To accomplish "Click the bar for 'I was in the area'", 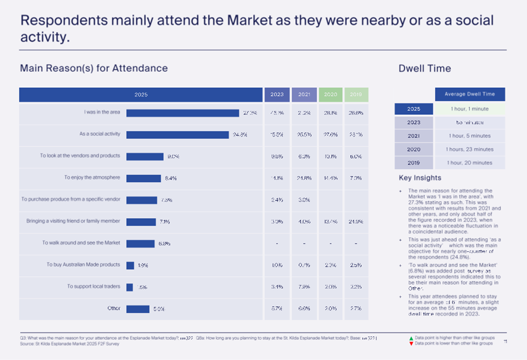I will [183, 113].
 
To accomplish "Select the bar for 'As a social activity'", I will [178, 135].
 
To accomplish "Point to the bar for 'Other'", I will [138, 309].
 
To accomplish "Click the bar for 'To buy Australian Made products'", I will [130, 265].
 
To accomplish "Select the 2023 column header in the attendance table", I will [277, 95].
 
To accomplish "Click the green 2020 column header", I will [331, 95].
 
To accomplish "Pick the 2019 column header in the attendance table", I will [356, 95].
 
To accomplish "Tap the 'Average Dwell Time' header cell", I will [470, 94].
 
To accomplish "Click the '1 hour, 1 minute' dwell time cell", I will [470, 109].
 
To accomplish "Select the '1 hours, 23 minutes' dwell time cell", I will [470, 149].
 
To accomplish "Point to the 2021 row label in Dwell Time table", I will [413, 136].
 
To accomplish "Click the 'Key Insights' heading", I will [420, 178].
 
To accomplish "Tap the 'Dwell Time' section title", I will [425, 68].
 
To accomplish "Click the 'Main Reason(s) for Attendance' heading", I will [94, 68].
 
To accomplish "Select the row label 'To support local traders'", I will [94, 287].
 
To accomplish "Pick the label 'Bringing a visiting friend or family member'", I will [73, 221].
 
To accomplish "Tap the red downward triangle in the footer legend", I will [410, 343].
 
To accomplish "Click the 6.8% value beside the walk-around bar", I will [164, 243].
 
